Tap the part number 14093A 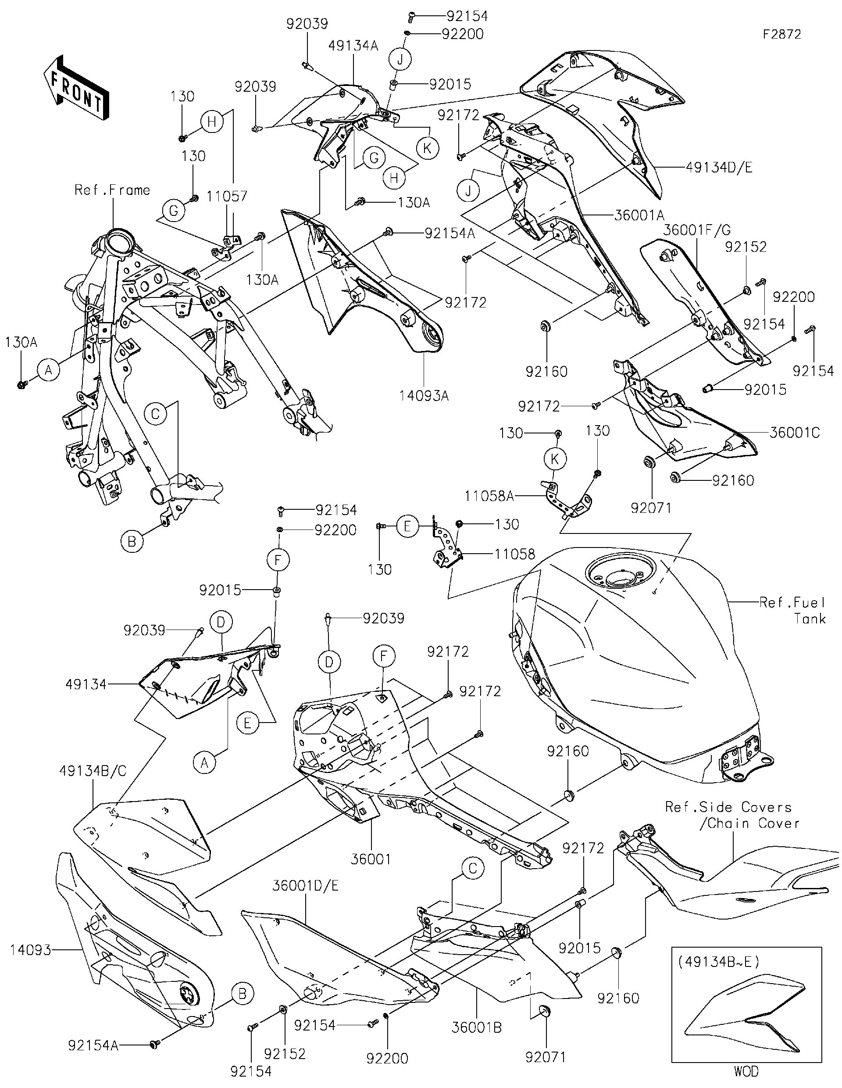pos(424,396)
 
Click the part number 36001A pos(639,215)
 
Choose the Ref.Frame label pos(112,190)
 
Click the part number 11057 pos(227,196)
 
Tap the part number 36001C pos(794,433)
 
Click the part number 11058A pos(489,496)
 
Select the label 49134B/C pos(93,771)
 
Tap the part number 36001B pos(477,1027)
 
